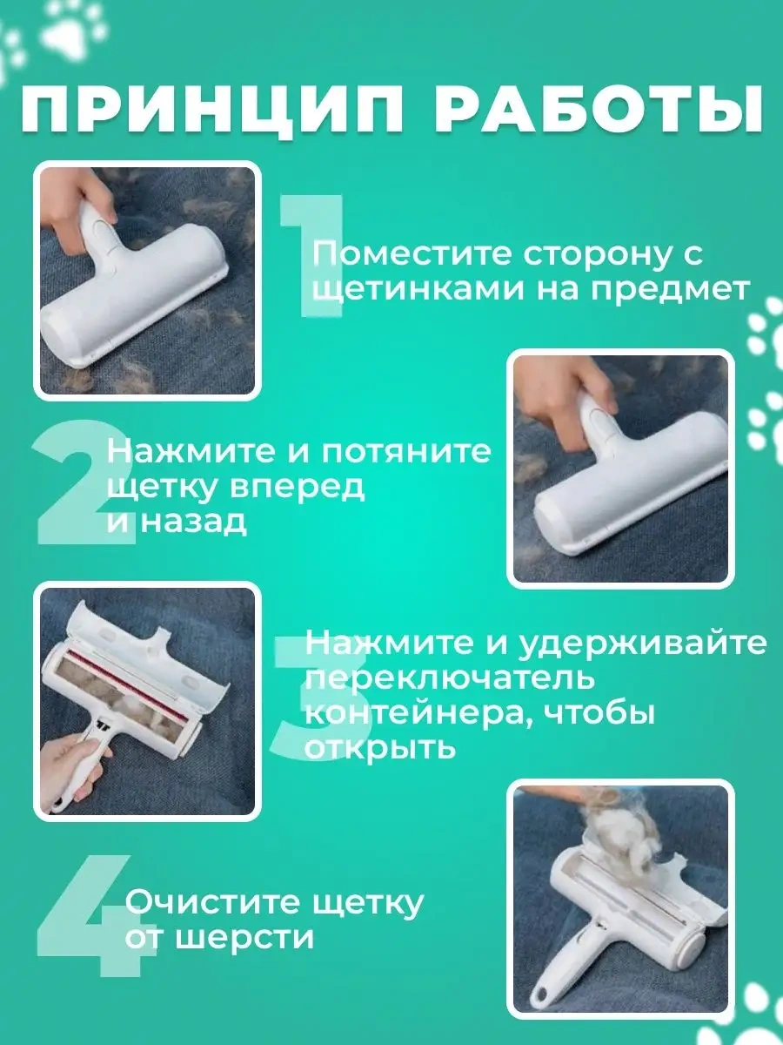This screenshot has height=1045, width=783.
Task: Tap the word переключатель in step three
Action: pyautogui.click(x=449, y=678)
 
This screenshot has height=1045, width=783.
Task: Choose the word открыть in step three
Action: pyautogui.click(x=380, y=747)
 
